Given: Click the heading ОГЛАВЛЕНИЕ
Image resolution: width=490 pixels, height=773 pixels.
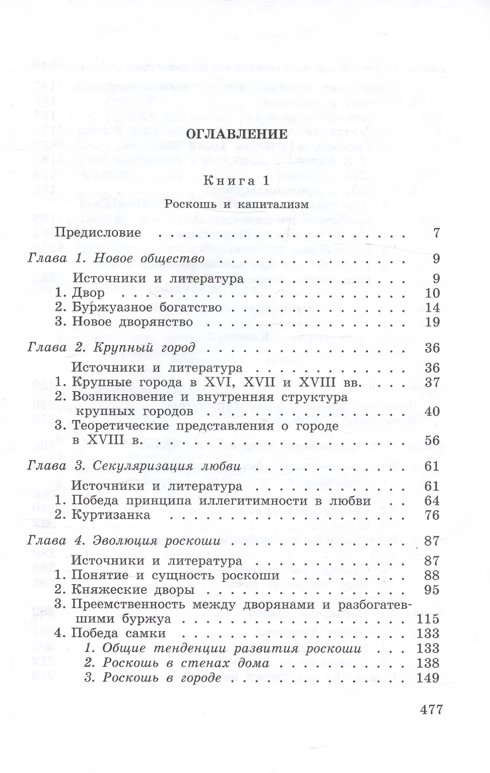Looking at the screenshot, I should [236, 134].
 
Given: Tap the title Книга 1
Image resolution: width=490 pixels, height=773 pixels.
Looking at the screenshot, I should [236, 180].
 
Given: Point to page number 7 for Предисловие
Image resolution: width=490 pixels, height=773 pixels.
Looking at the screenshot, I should [436, 233].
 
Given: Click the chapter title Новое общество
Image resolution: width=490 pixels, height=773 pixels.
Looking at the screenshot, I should [149, 259].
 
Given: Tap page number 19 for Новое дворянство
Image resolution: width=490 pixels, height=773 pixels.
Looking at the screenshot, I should [432, 322].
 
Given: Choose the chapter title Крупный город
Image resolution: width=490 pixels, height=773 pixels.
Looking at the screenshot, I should [144, 348].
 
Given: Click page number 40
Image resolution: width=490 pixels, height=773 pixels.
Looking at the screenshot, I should [432, 411].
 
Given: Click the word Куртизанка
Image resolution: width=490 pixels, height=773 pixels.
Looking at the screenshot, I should [111, 515].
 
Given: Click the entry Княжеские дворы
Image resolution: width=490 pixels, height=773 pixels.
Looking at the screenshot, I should [133, 590].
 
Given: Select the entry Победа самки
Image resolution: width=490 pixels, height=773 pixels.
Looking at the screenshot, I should [119, 633].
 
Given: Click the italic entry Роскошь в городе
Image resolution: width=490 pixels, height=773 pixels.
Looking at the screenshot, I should [161, 678].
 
